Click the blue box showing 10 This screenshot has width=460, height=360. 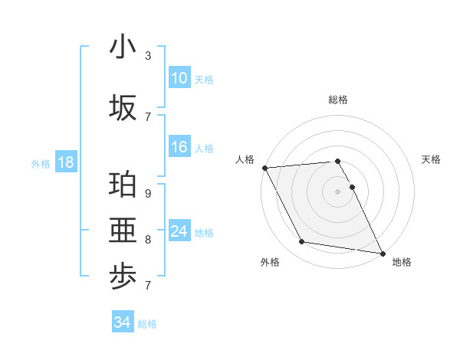pyautogui.click(x=179, y=78)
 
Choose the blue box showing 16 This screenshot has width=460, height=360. pyautogui.click(x=179, y=148)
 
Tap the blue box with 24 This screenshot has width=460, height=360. pyautogui.click(x=179, y=231)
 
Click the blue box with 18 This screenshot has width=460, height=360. pyautogui.click(x=65, y=162)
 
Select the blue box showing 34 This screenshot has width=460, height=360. pyautogui.click(x=123, y=322)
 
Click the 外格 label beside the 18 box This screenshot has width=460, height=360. pyautogui.click(x=41, y=163)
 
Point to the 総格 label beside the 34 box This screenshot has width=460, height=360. pyautogui.click(x=148, y=324)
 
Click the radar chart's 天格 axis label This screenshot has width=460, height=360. pyautogui.click(x=432, y=159)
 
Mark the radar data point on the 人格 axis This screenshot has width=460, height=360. pyautogui.click(x=264, y=168)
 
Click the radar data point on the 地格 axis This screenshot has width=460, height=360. pyautogui.click(x=382, y=253)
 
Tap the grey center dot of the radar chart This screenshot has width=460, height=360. pyautogui.click(x=337, y=191)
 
